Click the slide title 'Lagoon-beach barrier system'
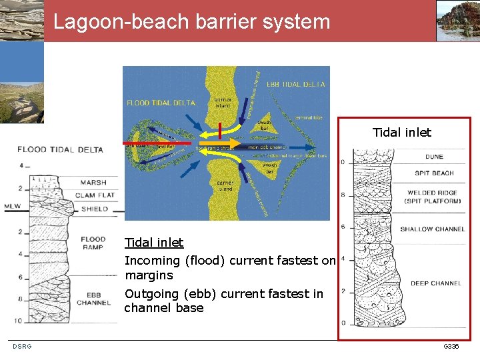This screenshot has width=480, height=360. [192, 21]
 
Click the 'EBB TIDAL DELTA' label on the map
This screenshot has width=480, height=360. [295, 85]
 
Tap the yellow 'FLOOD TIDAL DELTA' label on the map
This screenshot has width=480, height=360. [161, 103]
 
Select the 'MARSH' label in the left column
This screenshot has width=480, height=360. [93, 183]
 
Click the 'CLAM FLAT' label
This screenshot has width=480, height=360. [95, 195]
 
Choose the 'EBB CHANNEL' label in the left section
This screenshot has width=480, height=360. [93, 299]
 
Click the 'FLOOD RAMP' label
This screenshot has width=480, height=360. [93, 243]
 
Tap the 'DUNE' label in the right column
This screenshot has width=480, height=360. [434, 157]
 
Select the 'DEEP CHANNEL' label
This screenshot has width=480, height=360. [435, 283]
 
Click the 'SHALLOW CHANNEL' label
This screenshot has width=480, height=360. [433, 229]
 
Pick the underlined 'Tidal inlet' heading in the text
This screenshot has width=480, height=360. [154, 243]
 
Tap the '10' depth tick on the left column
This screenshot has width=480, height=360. [18, 321]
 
